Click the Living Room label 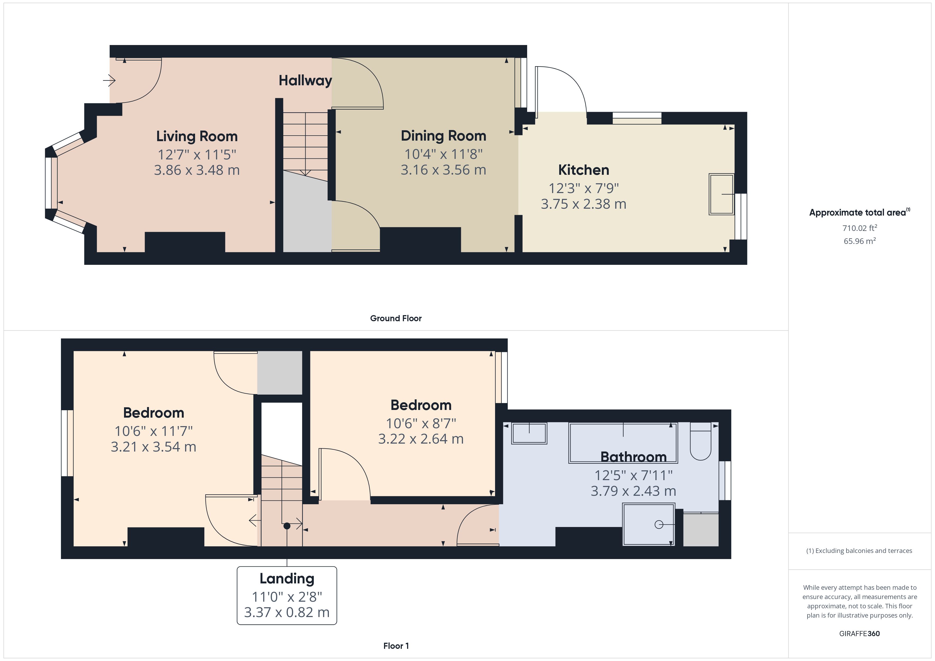pyautogui.click(x=197, y=136)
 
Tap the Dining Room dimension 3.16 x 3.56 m pyautogui.click(x=443, y=170)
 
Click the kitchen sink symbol pyautogui.click(x=721, y=194)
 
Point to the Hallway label pyautogui.click(x=305, y=81)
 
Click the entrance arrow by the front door pyautogui.click(x=109, y=81)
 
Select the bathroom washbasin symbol pyautogui.click(x=529, y=433)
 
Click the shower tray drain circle pyautogui.click(x=659, y=525)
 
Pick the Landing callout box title pyautogui.click(x=287, y=578)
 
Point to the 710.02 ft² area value pyautogui.click(x=859, y=228)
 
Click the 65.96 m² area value pyautogui.click(x=859, y=241)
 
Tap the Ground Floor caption pyautogui.click(x=395, y=318)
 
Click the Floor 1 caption pyautogui.click(x=395, y=646)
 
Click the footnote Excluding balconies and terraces pyautogui.click(x=859, y=551)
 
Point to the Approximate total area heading pyautogui.click(x=857, y=212)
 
